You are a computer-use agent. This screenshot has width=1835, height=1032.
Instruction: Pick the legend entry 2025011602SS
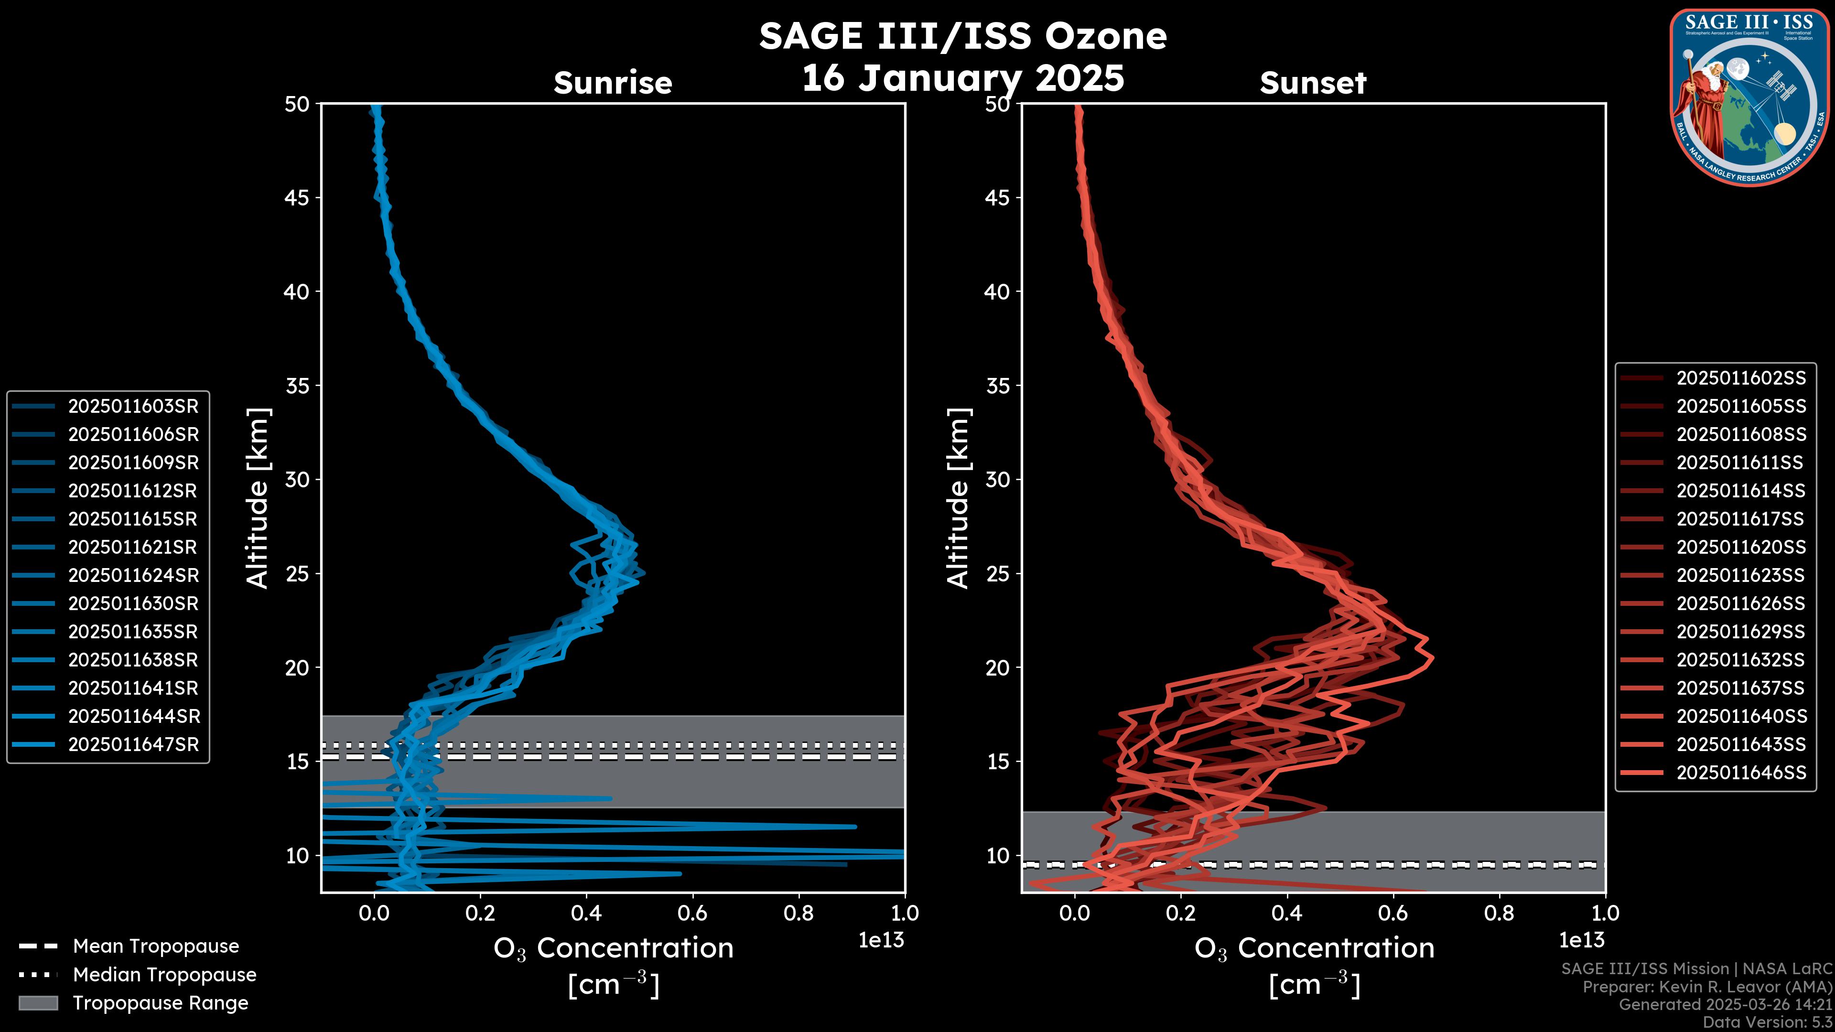(1741, 378)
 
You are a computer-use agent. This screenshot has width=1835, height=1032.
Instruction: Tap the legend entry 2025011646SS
(1741, 773)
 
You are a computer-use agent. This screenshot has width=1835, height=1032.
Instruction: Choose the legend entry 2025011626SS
(1741, 604)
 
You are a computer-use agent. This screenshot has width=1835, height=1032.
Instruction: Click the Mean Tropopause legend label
(156, 946)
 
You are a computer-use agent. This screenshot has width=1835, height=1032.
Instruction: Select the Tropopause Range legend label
(160, 1003)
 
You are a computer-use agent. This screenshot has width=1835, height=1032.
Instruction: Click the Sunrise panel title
(613, 83)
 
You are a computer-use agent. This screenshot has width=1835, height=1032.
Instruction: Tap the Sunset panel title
(1313, 83)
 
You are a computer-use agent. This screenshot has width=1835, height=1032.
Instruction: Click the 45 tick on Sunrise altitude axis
(297, 198)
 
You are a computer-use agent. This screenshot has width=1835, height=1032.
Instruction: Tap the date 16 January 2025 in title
(963, 78)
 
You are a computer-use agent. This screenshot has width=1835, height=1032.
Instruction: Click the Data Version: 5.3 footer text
(1767, 1022)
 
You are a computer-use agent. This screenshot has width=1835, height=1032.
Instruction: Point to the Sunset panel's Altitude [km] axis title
(959, 498)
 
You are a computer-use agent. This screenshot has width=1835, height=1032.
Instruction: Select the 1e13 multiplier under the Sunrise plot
(881, 940)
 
